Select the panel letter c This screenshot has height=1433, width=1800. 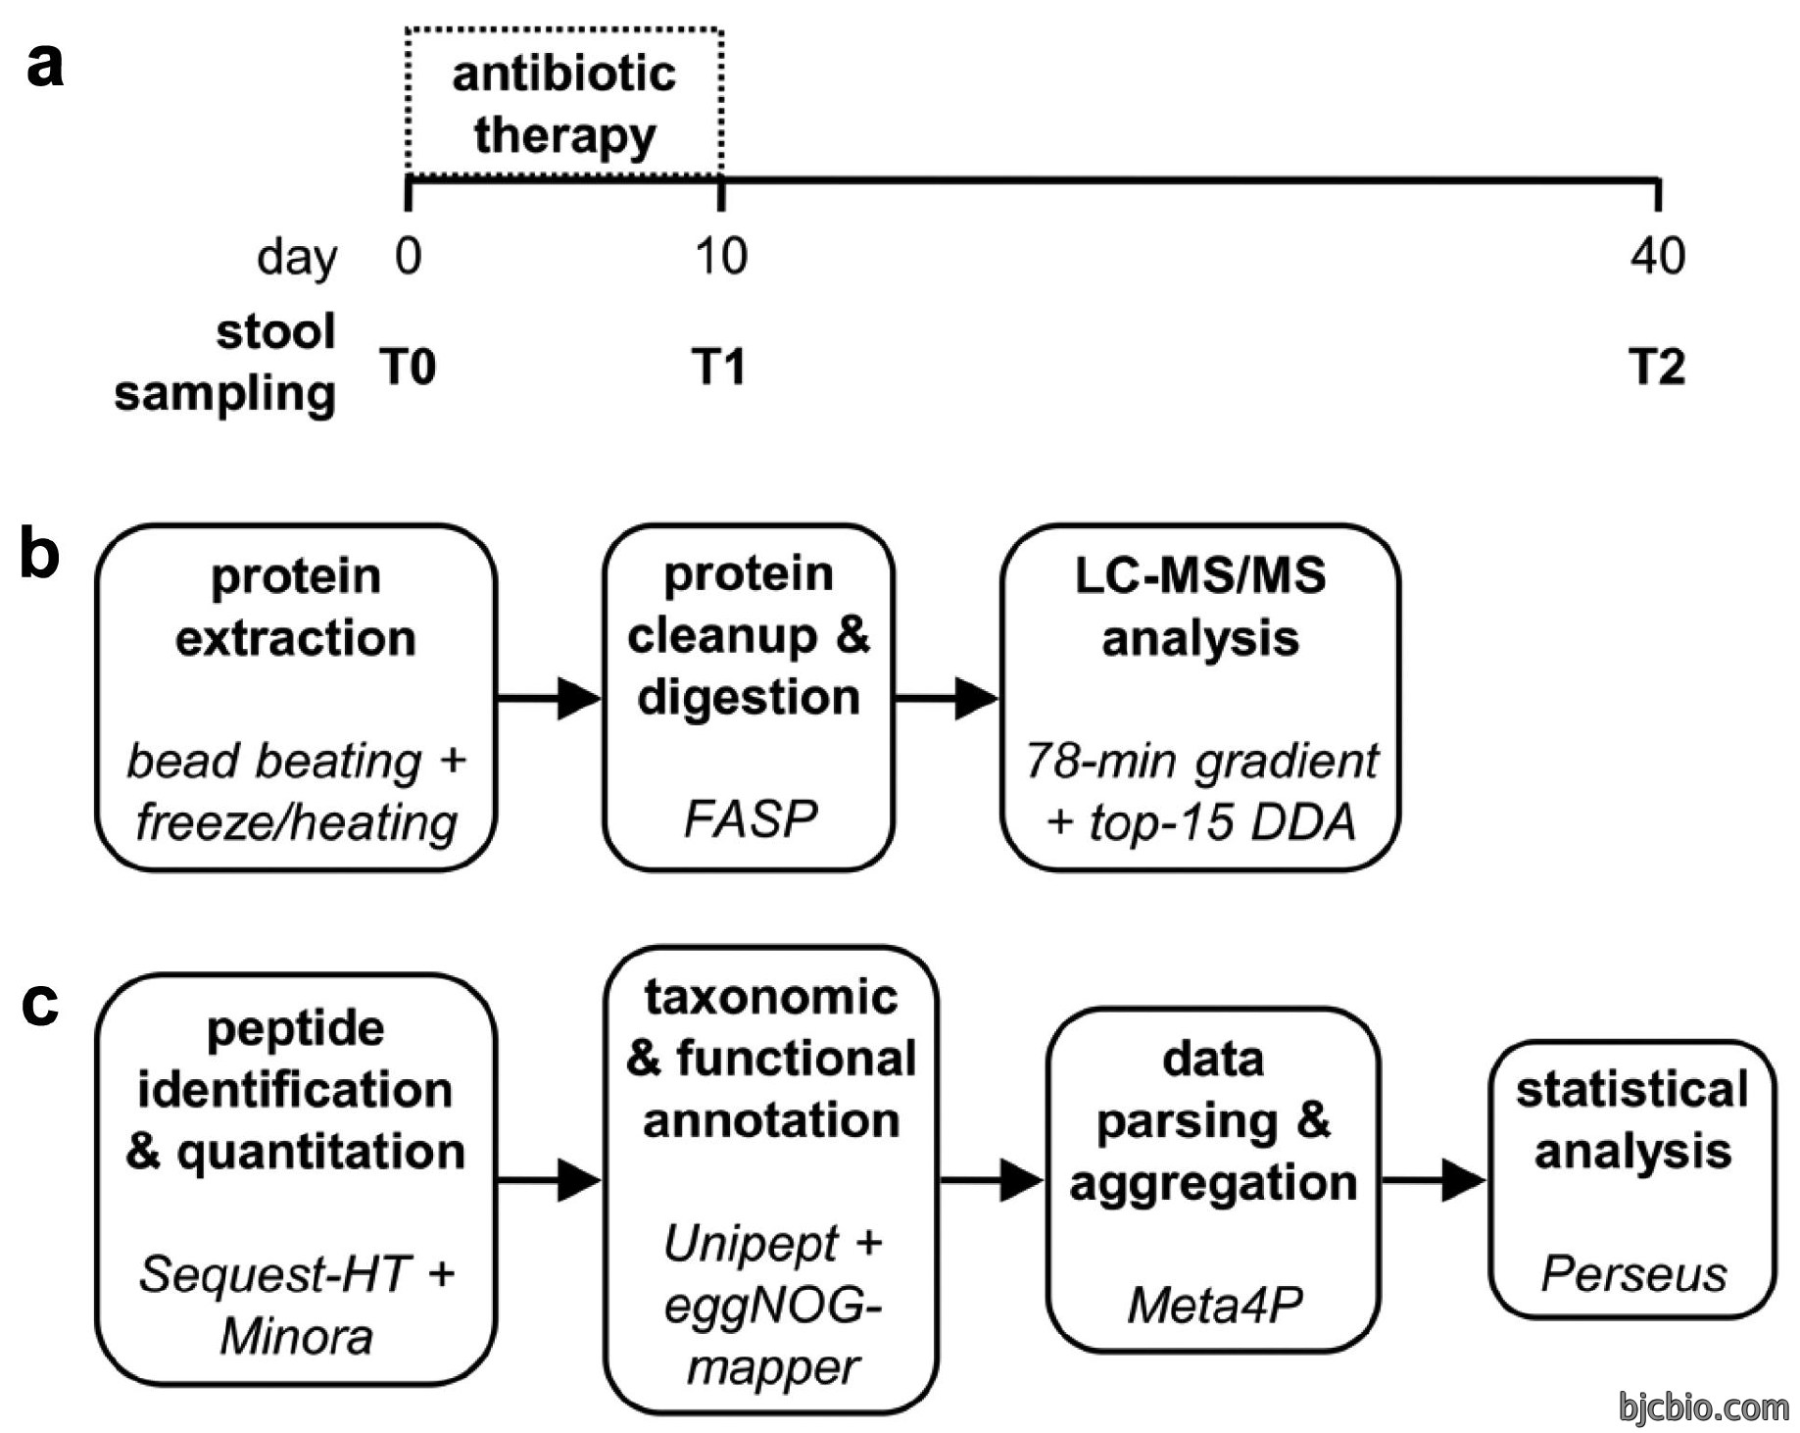click(x=40, y=1004)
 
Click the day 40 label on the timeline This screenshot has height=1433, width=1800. click(x=1657, y=255)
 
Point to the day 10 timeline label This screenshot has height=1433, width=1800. click(x=720, y=255)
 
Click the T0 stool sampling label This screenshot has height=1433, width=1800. click(x=408, y=367)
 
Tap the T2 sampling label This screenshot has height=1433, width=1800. click(x=1657, y=367)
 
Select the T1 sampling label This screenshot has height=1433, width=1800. click(x=719, y=367)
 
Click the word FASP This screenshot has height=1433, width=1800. click(x=750, y=818)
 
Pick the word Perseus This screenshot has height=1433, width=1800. click(x=1633, y=1274)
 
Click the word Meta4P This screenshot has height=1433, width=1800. click(x=1214, y=1305)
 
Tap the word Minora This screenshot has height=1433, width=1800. click(x=296, y=1336)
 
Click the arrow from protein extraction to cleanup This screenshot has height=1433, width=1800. click(x=549, y=698)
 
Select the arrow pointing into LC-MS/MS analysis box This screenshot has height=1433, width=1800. click(x=947, y=698)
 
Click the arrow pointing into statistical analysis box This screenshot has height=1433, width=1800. click(x=1434, y=1179)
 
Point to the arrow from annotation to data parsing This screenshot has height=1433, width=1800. click(x=992, y=1179)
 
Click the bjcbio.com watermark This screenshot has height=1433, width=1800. click(x=1704, y=1407)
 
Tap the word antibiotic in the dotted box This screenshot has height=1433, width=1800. click(x=564, y=74)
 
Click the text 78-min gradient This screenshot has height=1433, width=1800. click(x=1201, y=761)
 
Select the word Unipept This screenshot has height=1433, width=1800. click(x=751, y=1244)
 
